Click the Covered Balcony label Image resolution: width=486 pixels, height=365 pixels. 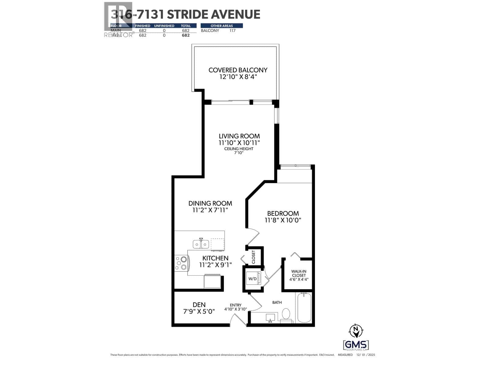[x=238, y=70]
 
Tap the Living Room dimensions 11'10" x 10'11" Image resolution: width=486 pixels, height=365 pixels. [x=239, y=143]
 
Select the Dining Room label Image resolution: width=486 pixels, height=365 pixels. [x=210, y=203]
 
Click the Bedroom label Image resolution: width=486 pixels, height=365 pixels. [x=283, y=213]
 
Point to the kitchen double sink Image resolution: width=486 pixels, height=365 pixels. [x=201, y=244]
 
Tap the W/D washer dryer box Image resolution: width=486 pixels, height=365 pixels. [x=252, y=278]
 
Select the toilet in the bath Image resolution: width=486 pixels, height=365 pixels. [x=286, y=314]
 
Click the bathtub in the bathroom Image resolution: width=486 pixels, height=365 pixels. [x=304, y=308]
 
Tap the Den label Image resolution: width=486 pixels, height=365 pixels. [x=199, y=304]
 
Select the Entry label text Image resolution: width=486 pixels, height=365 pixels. [x=236, y=305]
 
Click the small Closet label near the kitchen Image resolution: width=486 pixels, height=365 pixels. [x=254, y=257]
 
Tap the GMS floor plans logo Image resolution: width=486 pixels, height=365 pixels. [x=356, y=345]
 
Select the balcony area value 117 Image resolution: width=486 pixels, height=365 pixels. [x=232, y=31]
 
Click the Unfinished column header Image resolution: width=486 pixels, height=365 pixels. [x=164, y=26]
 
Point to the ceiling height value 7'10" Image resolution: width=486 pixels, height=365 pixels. [x=239, y=153]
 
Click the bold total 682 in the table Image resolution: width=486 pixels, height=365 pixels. [x=186, y=35]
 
